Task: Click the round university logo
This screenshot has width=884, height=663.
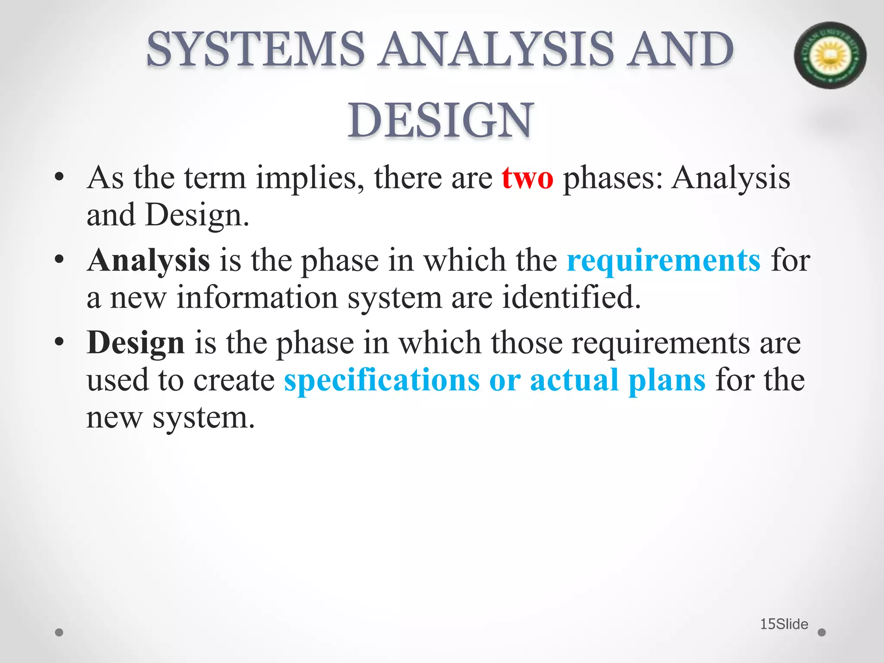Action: tap(830, 55)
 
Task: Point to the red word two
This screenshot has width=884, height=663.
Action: tap(527, 178)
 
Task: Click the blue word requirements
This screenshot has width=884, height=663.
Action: tap(663, 261)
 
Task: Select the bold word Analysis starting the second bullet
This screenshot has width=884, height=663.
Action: tap(148, 261)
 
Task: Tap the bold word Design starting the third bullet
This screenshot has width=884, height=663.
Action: tap(136, 343)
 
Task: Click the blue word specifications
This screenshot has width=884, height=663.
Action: tap(382, 380)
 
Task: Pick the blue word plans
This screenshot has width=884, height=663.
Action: tap(667, 381)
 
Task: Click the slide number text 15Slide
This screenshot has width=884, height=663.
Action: tap(784, 624)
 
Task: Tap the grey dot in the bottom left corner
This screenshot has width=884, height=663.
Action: tap(60, 632)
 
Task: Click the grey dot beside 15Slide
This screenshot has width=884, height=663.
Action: tap(822, 632)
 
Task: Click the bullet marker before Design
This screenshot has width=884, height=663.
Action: tap(60, 342)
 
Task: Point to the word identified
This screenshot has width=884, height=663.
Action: tap(571, 298)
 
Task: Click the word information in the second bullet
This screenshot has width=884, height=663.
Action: tap(257, 298)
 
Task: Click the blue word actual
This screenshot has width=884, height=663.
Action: tap(574, 380)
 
